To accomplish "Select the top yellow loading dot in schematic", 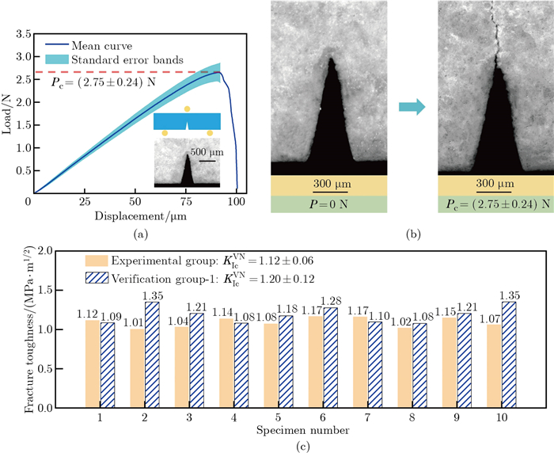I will click(x=187, y=108).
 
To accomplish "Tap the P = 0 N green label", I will click(x=329, y=204).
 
